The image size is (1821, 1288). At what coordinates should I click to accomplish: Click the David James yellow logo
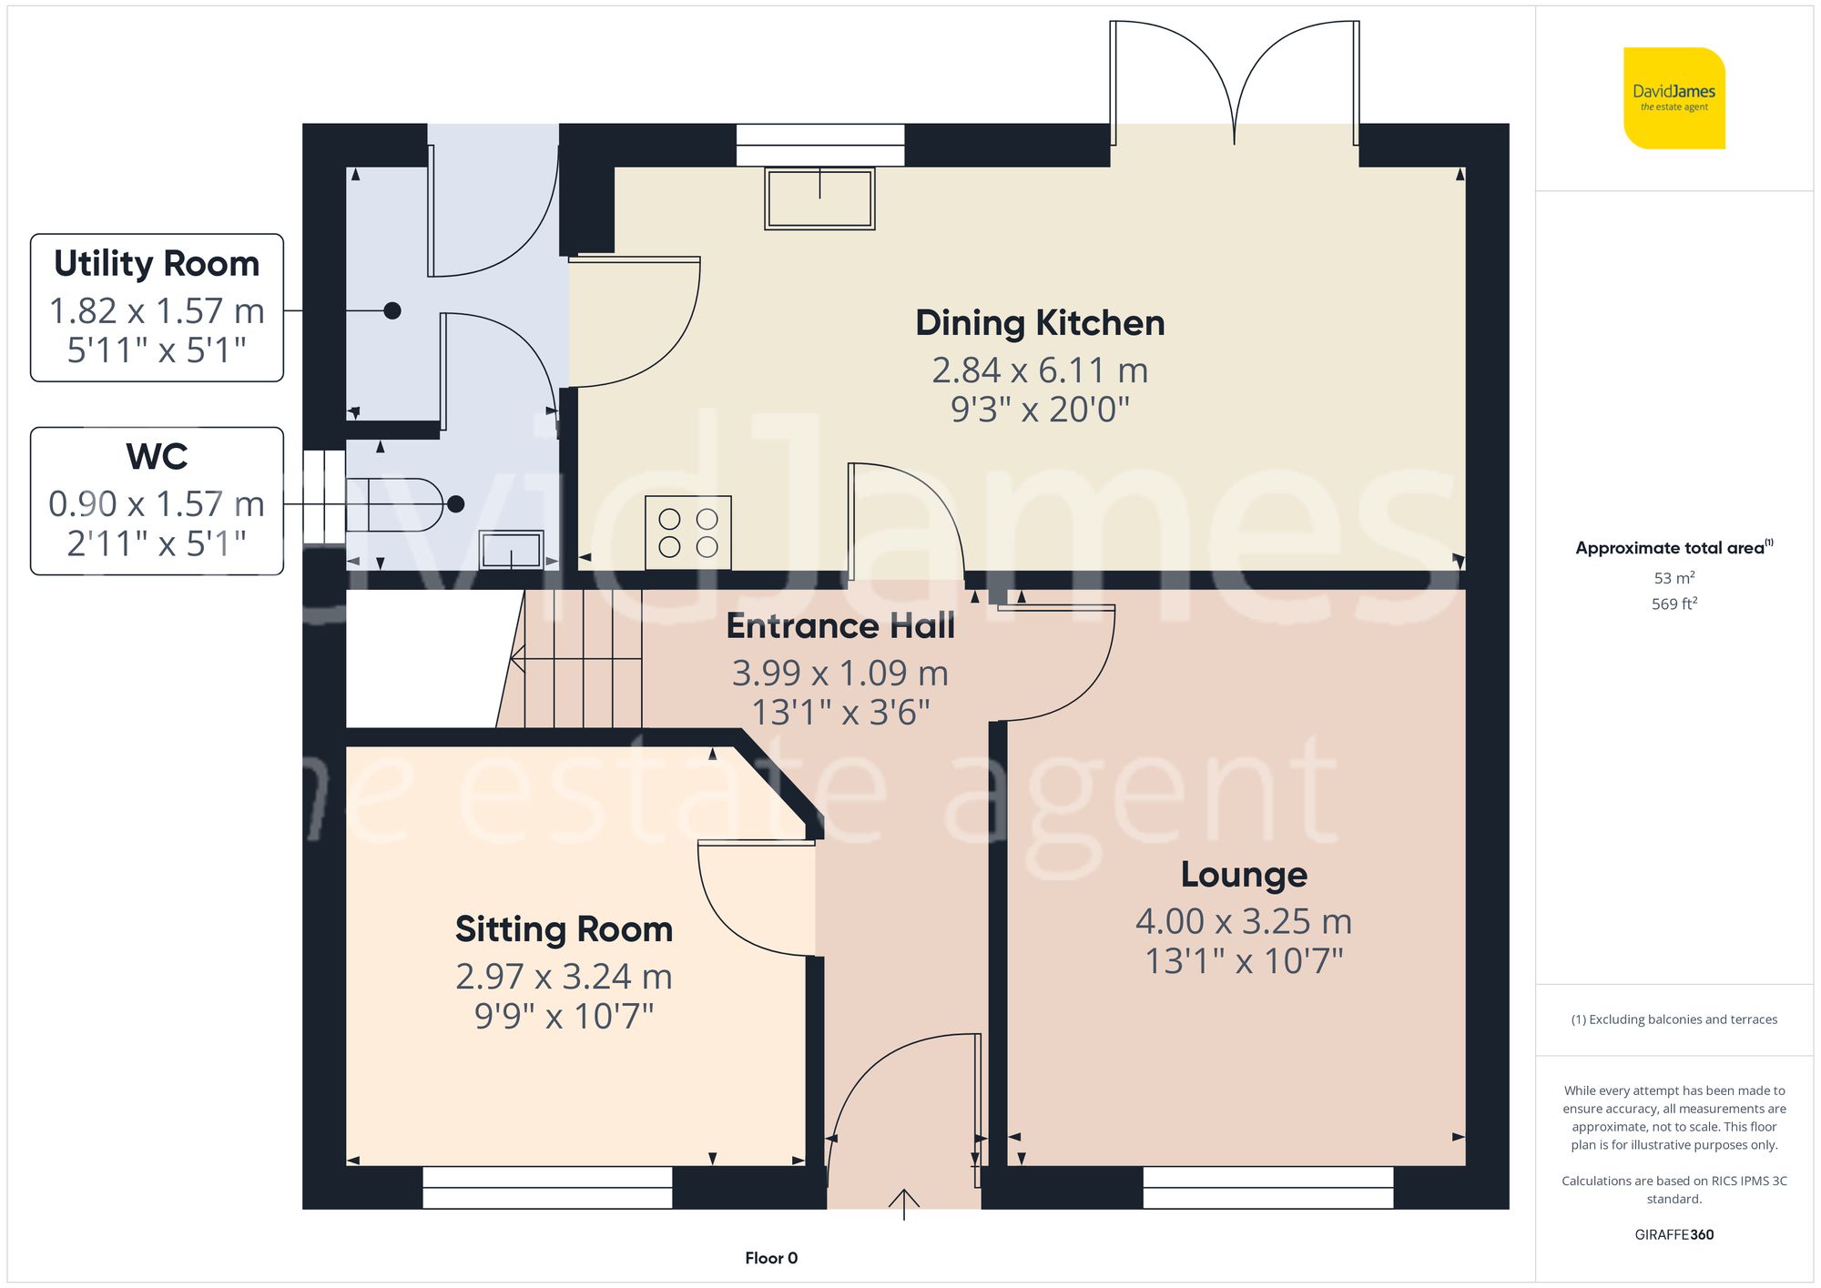tap(1673, 98)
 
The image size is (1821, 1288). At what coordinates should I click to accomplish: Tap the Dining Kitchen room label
tap(1040, 323)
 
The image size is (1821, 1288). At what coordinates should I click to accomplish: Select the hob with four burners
tap(688, 532)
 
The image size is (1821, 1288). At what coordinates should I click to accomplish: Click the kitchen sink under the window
tap(819, 198)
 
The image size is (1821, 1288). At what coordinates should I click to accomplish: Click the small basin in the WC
tap(512, 550)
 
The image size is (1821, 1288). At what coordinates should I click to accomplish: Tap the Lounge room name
tap(1244, 875)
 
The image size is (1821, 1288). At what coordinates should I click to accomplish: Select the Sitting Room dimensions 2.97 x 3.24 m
tap(564, 977)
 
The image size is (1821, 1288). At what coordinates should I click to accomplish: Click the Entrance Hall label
tap(840, 626)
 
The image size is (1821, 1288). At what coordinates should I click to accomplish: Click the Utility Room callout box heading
tap(157, 264)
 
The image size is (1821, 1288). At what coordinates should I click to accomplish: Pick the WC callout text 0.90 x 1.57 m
tap(157, 504)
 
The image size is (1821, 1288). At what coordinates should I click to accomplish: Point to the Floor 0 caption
tap(770, 1258)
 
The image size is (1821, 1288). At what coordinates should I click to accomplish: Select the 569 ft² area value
tap(1673, 603)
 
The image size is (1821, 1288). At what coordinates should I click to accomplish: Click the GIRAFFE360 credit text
tap(1673, 1235)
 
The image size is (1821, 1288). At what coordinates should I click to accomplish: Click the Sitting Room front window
tap(547, 1187)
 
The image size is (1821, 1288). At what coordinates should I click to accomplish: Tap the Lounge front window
tap(1267, 1187)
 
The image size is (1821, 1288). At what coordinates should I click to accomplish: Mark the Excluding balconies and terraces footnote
tap(1673, 1019)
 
